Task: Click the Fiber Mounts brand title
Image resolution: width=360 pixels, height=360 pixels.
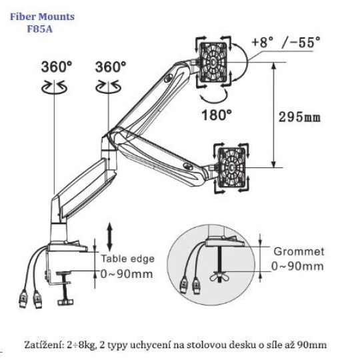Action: coord(42,17)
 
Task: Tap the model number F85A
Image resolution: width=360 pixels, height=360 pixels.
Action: coord(40,29)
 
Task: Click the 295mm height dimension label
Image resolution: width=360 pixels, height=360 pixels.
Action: coord(299,117)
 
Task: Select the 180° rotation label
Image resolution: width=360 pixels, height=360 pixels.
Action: coord(217,115)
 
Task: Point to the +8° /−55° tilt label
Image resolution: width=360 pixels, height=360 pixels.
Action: coord(285,42)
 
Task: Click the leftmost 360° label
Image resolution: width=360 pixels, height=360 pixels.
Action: coord(57,67)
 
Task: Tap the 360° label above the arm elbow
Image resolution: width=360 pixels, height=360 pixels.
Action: coord(111,67)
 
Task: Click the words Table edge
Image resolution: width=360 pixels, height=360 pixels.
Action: coord(128,259)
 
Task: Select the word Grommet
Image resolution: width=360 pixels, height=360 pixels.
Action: coord(299,251)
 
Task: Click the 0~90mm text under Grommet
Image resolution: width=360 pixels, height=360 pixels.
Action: coord(297,266)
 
